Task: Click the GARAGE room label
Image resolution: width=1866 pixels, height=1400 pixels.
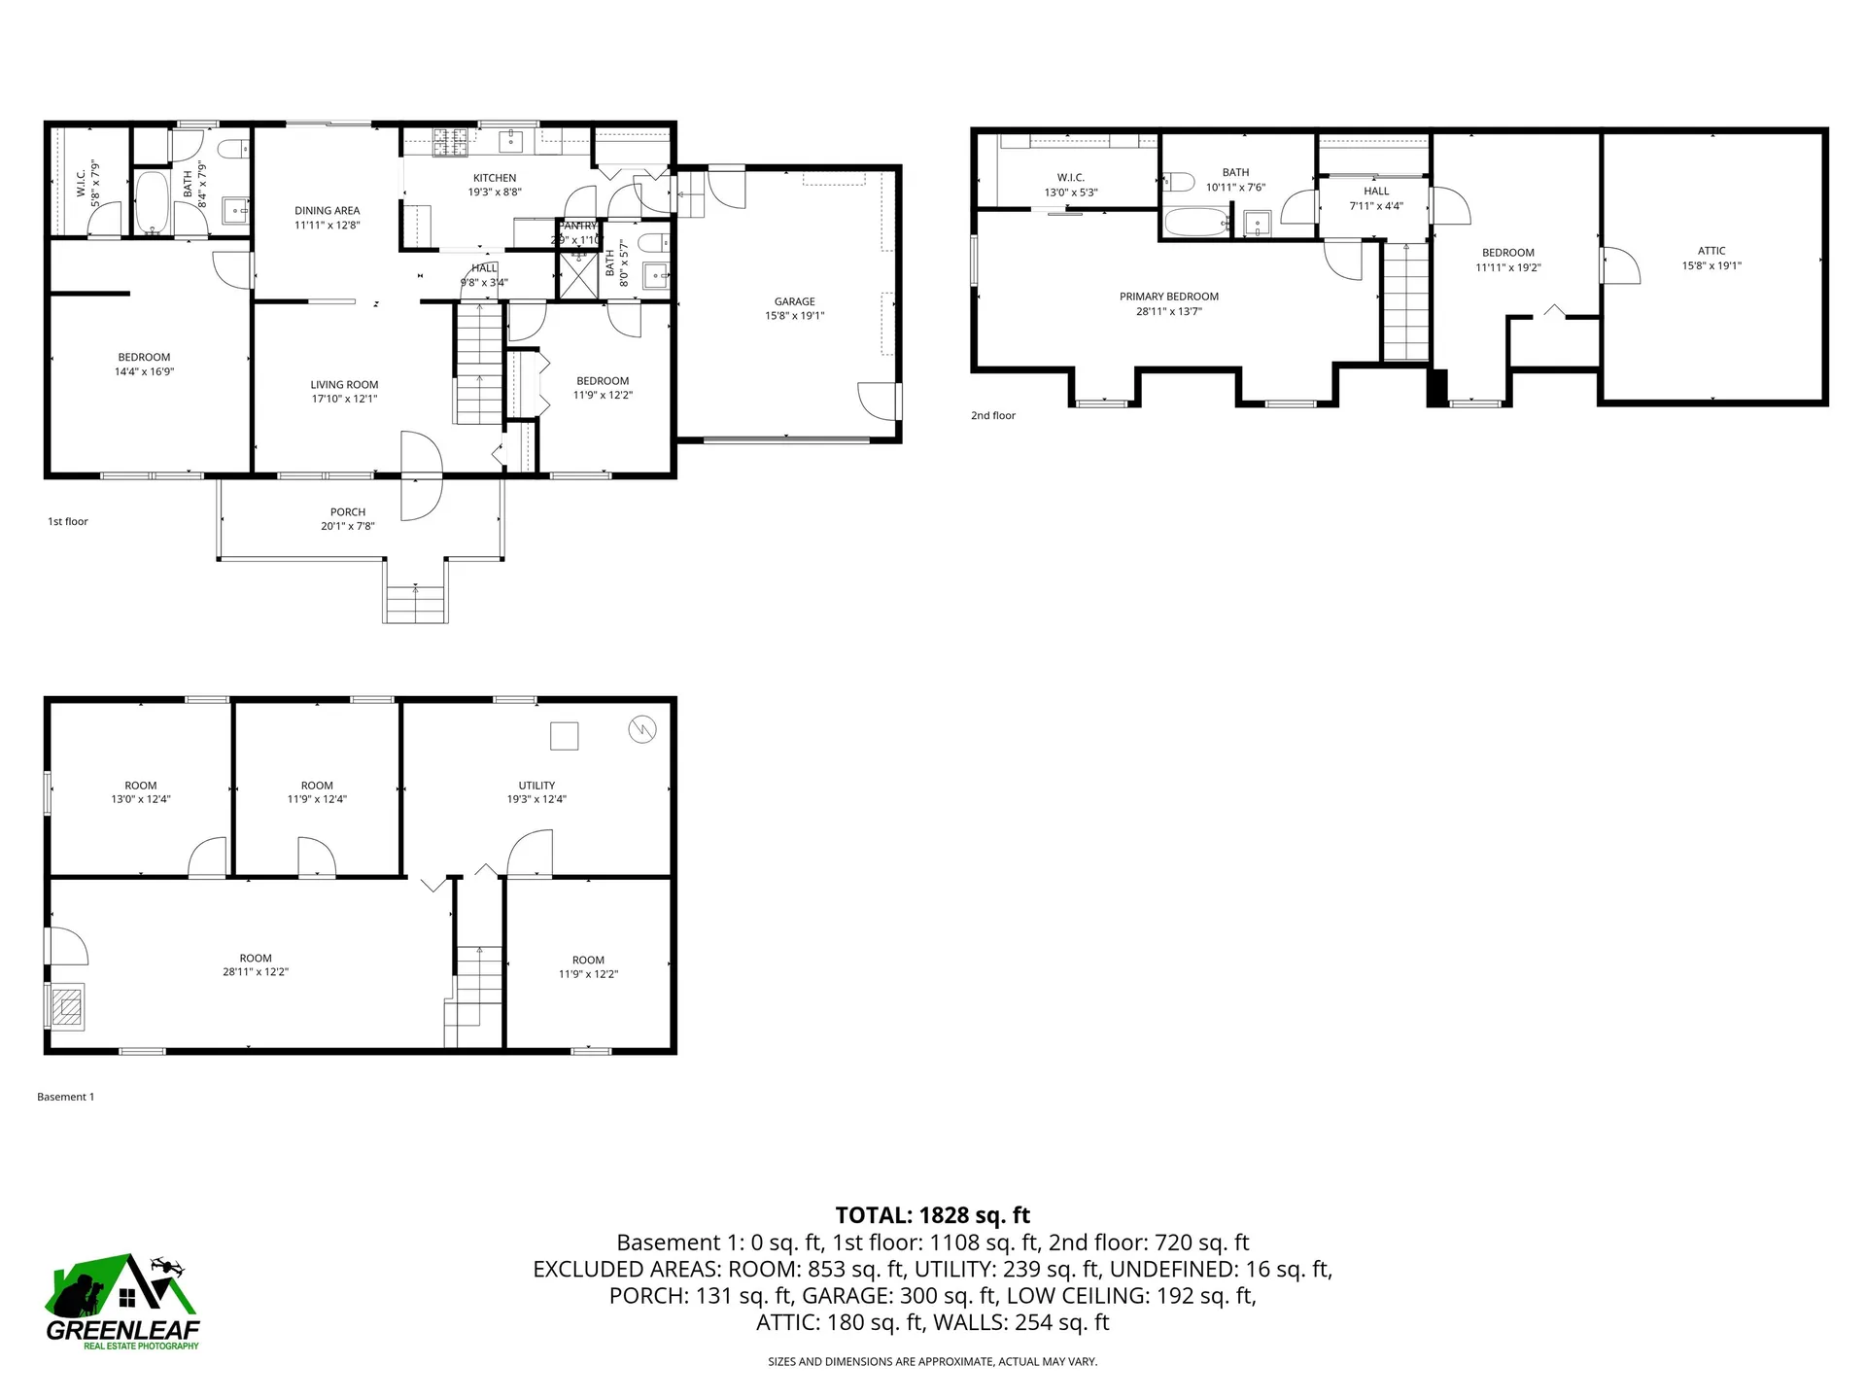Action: click(794, 301)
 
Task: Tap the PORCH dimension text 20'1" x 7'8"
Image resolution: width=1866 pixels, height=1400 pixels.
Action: click(347, 526)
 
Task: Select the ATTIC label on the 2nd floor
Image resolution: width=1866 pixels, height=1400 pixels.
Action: click(1711, 251)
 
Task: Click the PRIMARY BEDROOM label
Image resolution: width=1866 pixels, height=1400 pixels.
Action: click(1168, 297)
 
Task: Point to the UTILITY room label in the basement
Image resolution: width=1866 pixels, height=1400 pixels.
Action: click(536, 786)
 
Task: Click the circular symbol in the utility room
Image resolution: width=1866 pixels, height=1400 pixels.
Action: click(642, 729)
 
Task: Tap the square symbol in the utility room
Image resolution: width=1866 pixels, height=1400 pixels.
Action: click(565, 736)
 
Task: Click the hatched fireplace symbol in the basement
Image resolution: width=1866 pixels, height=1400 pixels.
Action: click(67, 1006)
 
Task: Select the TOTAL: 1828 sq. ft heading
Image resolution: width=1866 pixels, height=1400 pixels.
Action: click(932, 1215)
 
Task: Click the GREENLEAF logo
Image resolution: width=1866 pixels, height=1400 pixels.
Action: click(123, 1303)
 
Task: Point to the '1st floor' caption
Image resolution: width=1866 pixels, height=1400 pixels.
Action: click(68, 522)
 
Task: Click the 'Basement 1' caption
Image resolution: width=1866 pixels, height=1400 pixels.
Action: click(65, 1097)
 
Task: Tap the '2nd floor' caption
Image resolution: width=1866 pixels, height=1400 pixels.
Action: click(992, 416)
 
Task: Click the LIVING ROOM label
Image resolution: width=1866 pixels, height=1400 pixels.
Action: click(344, 385)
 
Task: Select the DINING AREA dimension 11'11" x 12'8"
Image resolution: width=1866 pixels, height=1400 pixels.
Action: click(328, 225)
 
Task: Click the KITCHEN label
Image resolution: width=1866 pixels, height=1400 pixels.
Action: click(495, 178)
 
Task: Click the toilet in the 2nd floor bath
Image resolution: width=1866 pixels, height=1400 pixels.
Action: click(1178, 181)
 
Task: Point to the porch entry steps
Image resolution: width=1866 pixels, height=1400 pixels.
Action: click(416, 604)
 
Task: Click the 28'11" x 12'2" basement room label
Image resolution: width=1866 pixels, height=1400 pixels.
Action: click(256, 971)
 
